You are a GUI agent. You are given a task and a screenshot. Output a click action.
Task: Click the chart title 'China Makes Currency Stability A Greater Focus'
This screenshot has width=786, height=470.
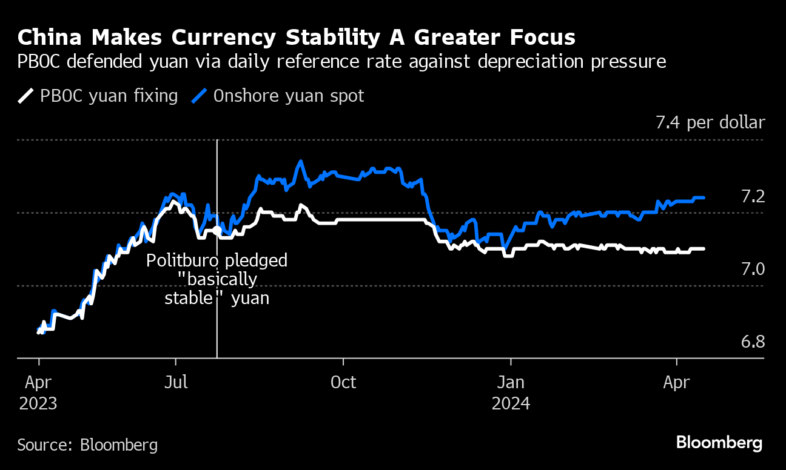pyautogui.click(x=296, y=38)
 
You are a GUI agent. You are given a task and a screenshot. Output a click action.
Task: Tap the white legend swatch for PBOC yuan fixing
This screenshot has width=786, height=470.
pyautogui.click(x=26, y=96)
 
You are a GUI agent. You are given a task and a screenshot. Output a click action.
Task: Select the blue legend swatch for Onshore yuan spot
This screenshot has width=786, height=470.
pyautogui.click(x=200, y=96)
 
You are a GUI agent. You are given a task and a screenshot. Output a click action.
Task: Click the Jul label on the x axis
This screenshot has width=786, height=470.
pyautogui.click(x=175, y=383)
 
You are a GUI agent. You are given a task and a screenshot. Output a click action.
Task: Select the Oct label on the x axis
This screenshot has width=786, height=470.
pyautogui.click(x=343, y=383)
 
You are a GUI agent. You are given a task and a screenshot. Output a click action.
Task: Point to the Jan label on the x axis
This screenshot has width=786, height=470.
pyautogui.click(x=511, y=383)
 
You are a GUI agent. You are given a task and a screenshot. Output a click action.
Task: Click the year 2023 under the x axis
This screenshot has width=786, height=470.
pyautogui.click(x=38, y=403)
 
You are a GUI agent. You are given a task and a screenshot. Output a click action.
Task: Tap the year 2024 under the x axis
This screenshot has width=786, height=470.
pyautogui.click(x=511, y=403)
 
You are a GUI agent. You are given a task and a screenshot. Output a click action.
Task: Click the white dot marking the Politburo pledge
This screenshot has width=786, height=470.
pyautogui.click(x=217, y=230)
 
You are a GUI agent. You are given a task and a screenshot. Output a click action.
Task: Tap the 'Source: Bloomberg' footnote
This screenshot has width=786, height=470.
pyautogui.click(x=87, y=445)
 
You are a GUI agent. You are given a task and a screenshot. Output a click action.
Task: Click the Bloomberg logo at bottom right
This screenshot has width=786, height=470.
pyautogui.click(x=719, y=443)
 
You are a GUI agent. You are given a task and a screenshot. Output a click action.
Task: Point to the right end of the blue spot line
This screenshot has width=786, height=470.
pyautogui.click(x=704, y=197)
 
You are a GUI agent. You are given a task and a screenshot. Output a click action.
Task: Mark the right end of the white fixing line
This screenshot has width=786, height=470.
pyautogui.click(x=704, y=249)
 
